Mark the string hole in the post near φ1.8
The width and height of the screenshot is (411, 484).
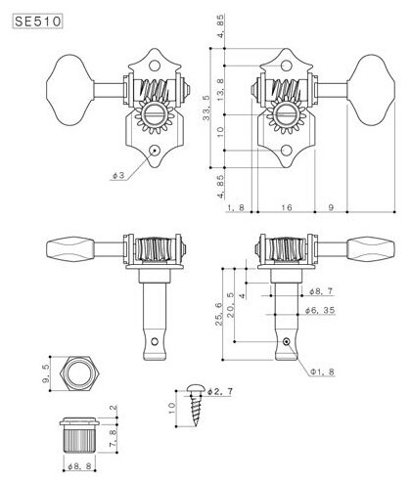click(285, 342)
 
